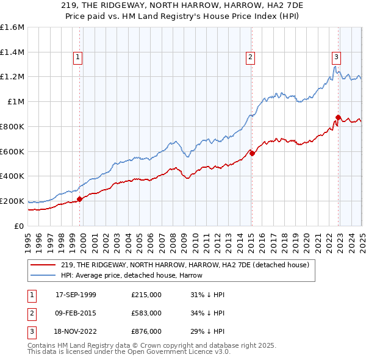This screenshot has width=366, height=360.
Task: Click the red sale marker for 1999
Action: (79, 199)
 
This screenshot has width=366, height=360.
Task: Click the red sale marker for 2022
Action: (338, 117)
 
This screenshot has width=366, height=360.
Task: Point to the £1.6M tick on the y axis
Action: (12, 27)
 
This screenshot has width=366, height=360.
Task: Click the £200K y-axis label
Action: (12, 201)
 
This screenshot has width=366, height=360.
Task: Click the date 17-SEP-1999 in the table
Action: (76, 295)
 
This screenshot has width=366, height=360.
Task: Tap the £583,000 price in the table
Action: (146, 313)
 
